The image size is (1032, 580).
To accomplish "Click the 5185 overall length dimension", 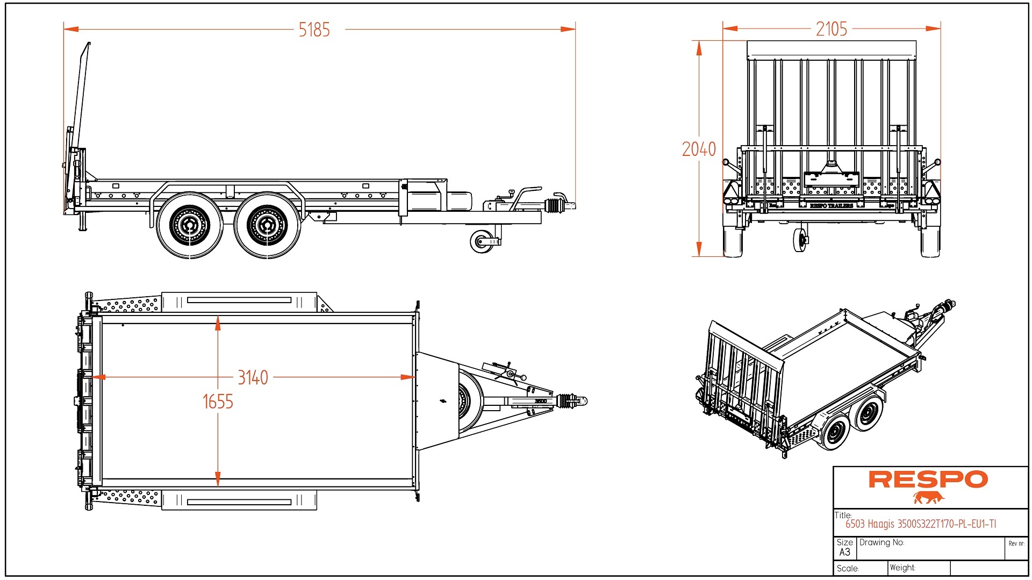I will click(x=314, y=30).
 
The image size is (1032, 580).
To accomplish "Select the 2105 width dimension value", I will click(x=831, y=29).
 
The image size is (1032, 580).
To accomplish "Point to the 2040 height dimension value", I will click(x=699, y=149).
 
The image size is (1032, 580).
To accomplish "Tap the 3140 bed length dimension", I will click(x=253, y=377).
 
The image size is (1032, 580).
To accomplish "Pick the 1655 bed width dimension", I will click(x=218, y=402).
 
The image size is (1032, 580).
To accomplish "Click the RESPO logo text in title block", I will click(x=928, y=479).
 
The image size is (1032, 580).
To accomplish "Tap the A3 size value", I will click(x=844, y=552).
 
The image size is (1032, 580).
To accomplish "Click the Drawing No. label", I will click(x=881, y=542).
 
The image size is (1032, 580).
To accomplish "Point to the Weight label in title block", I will click(x=902, y=568).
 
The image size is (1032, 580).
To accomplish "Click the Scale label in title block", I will click(x=848, y=569).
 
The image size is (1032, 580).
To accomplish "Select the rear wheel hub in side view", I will click(x=189, y=225).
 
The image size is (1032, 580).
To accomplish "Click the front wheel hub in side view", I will click(x=267, y=225).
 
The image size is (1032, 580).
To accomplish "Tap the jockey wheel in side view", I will click(x=482, y=241).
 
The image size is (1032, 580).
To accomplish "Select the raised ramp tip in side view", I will click(x=88, y=45).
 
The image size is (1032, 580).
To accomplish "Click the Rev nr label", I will click(x=1016, y=543).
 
